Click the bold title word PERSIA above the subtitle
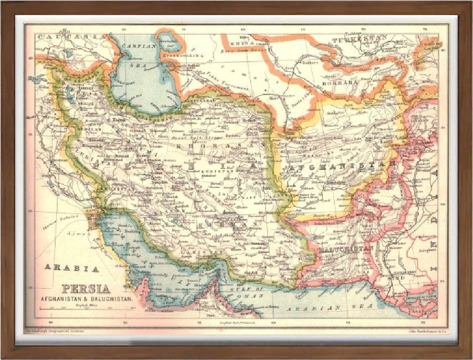click(86, 289)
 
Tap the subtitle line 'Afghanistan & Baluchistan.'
click(87, 299)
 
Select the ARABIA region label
click(71, 268)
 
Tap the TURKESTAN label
click(363, 39)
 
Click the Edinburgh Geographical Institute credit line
click(55, 332)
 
